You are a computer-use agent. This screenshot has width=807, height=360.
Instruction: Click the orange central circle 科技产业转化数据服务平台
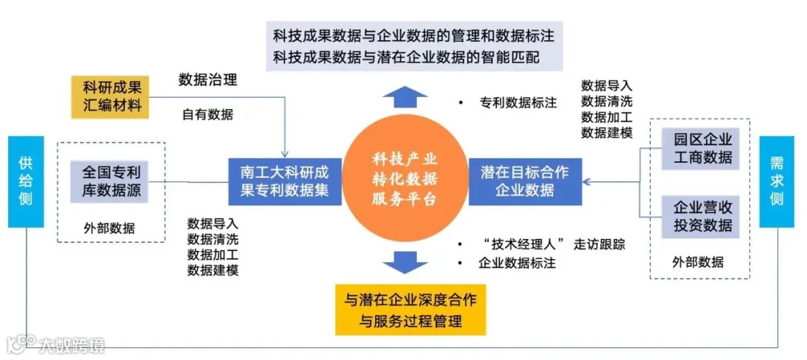coord(404,179)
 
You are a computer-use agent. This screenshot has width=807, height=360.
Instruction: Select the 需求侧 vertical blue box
coord(776,181)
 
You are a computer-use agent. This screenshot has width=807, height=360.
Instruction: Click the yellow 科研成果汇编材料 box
coord(112,96)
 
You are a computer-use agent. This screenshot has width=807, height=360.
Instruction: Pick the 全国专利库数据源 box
coord(112,181)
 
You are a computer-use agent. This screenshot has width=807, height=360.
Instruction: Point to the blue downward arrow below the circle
coord(404,261)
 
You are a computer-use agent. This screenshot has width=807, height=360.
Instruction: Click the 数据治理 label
coord(208,79)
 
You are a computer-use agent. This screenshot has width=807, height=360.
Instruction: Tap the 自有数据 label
coord(208,114)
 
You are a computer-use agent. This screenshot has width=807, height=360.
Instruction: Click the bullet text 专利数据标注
coord(518,103)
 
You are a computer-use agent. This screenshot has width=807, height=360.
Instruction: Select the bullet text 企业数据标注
coord(516,263)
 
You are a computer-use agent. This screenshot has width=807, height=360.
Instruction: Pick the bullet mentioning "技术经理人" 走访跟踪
coord(553,244)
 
